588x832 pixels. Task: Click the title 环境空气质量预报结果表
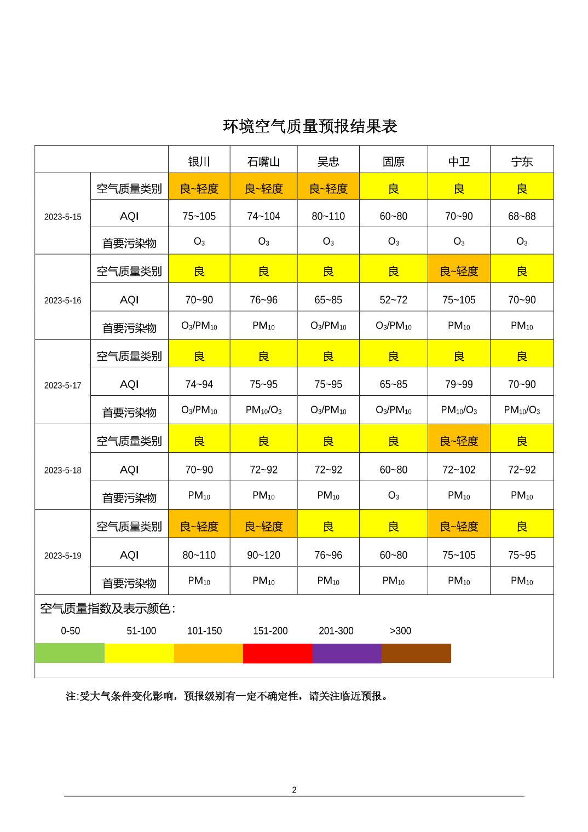(x=310, y=126)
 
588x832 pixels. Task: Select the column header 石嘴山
(x=263, y=161)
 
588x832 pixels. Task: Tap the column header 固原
(x=393, y=161)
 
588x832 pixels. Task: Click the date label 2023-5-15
(x=62, y=217)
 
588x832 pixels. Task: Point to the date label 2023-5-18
(x=62, y=470)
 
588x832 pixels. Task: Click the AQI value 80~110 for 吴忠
(x=328, y=216)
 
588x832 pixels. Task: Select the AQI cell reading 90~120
(x=263, y=555)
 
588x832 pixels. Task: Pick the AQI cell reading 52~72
(x=393, y=300)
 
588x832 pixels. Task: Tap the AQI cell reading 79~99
(x=459, y=384)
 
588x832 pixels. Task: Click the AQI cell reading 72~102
(x=459, y=470)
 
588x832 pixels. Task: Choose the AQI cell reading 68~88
(x=522, y=216)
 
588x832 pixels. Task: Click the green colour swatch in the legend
(x=70, y=653)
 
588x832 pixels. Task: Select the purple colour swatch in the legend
(x=347, y=653)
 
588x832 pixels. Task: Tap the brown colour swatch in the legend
(x=416, y=653)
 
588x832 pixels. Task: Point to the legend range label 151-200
(x=270, y=631)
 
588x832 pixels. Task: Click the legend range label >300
(x=400, y=631)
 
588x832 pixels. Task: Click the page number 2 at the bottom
(x=294, y=790)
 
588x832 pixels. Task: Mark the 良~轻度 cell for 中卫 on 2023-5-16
(x=459, y=271)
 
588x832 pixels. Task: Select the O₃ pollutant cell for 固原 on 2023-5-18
(x=393, y=495)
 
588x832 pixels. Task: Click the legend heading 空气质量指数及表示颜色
(x=108, y=609)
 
